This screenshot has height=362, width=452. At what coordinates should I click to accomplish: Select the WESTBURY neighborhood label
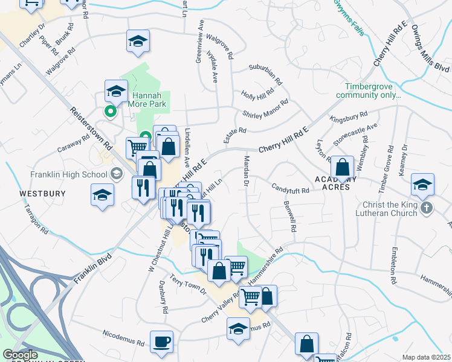42,194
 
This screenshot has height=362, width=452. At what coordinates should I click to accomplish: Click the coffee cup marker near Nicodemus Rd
161,342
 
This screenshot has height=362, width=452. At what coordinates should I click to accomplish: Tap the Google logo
20,355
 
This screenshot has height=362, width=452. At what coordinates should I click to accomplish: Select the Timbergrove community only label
373,91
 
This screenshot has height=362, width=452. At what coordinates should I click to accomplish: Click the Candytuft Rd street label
290,189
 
